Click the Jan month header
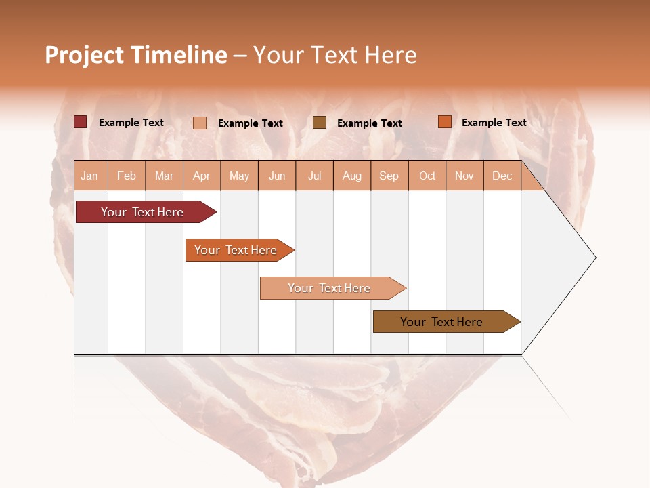[x=90, y=176]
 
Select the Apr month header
[x=201, y=176]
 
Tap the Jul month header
[x=314, y=176]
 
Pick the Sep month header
[x=389, y=176]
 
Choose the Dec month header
[x=502, y=176]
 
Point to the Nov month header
[x=464, y=176]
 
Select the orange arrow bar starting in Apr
[x=237, y=250]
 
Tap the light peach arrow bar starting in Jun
[x=330, y=288]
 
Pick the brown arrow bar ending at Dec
[x=443, y=322]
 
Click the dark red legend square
[x=80, y=122]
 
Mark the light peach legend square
[x=199, y=123]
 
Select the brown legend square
[x=319, y=122]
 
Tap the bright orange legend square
[x=444, y=122]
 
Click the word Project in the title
[x=84, y=55]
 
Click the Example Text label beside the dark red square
[x=131, y=123]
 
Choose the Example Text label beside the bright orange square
[x=494, y=123]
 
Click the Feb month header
[x=127, y=176]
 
